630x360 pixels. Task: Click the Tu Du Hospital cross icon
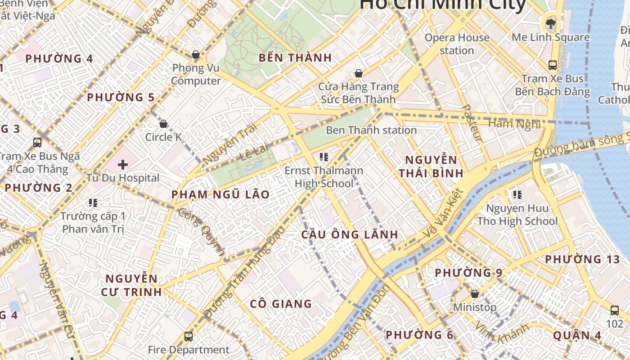pos(122,165)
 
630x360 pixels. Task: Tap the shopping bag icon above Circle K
pos(163,124)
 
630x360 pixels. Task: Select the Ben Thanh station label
pos(371,130)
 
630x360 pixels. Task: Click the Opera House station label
pos(457,44)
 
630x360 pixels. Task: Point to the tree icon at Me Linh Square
pos(550,23)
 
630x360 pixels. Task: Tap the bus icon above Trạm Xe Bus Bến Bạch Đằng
pos(553,65)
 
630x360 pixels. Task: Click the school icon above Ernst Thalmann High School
pos(324,157)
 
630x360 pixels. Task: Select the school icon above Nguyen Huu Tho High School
pos(517,195)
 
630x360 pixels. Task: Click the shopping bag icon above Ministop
pos(474,294)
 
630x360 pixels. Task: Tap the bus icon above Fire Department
pos(189,336)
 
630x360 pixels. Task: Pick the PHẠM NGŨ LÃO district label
pos(220,195)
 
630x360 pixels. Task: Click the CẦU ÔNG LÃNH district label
pos(350,234)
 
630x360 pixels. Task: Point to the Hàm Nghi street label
pos(513,123)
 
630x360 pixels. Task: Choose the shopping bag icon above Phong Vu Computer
pos(196,55)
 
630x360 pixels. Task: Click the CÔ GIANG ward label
pos(281,304)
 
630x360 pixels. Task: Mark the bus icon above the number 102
pos(615,310)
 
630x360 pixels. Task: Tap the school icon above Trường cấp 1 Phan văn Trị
pos(93,203)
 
